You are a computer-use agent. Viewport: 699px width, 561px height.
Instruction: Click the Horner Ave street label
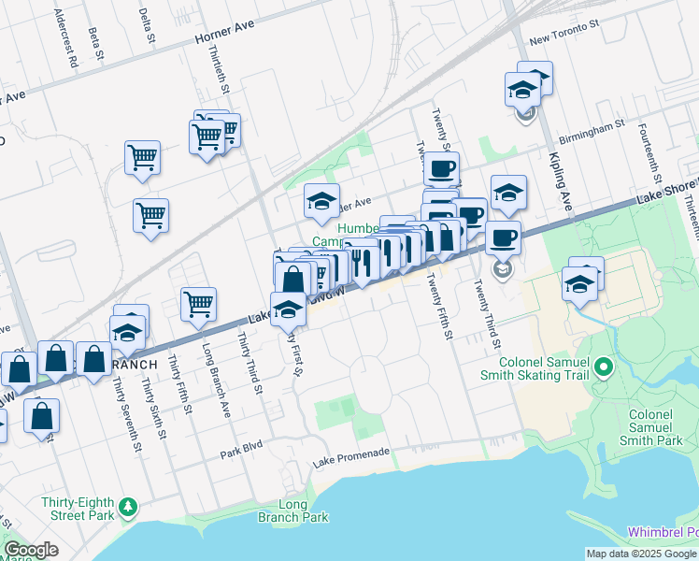coord(224,36)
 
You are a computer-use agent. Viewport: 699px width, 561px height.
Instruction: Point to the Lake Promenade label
coord(350,453)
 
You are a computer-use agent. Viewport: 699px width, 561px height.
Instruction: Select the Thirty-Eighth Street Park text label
coord(78,508)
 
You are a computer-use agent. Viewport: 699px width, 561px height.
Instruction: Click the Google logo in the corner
coord(32,550)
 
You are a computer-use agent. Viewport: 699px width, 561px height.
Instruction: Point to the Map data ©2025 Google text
coord(641,554)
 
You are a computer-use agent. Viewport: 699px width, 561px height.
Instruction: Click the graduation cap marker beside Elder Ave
coord(321,200)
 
